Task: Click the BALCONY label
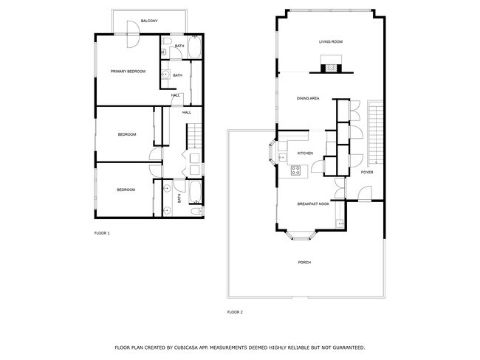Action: coord(149,21)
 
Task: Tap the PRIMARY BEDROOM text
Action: coord(128,72)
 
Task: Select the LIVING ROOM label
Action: coord(331,42)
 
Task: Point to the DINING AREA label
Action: coord(308,98)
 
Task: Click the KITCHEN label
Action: coord(305,153)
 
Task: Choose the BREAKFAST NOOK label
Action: coord(312,204)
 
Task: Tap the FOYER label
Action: coord(367,173)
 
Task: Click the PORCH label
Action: coord(304,263)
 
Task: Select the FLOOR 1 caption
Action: coord(102,233)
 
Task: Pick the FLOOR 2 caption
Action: coord(235,312)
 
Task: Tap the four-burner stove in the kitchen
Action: coord(296,170)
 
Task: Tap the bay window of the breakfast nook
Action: coord(301,235)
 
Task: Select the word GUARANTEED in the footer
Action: coord(347,347)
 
